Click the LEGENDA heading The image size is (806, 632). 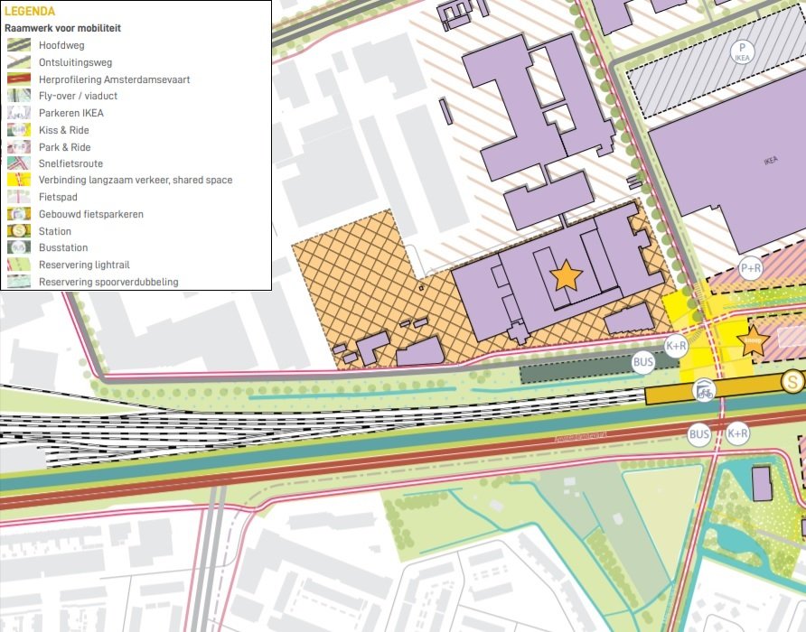tap(30, 12)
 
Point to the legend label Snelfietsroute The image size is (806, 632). tap(70, 163)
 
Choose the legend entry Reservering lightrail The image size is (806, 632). tap(85, 265)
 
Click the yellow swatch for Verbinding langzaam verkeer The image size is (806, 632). tap(19, 181)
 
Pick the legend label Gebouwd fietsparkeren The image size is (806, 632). tap(90, 214)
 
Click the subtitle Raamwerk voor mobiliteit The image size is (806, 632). tap(62, 28)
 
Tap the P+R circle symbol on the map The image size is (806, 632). tap(751, 268)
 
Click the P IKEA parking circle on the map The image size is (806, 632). tap(743, 51)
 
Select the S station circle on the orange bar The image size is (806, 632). tap(793, 382)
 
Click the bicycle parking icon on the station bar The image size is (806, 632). tap(704, 391)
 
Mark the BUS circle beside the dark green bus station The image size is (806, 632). tap(643, 363)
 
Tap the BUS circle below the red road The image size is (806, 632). tap(699, 435)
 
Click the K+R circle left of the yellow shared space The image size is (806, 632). tap(676, 346)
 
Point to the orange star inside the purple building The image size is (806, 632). tap(566, 275)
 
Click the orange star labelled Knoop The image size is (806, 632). tap(752, 341)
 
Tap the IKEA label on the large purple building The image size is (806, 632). tap(770, 162)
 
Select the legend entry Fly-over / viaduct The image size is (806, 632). tap(78, 96)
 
